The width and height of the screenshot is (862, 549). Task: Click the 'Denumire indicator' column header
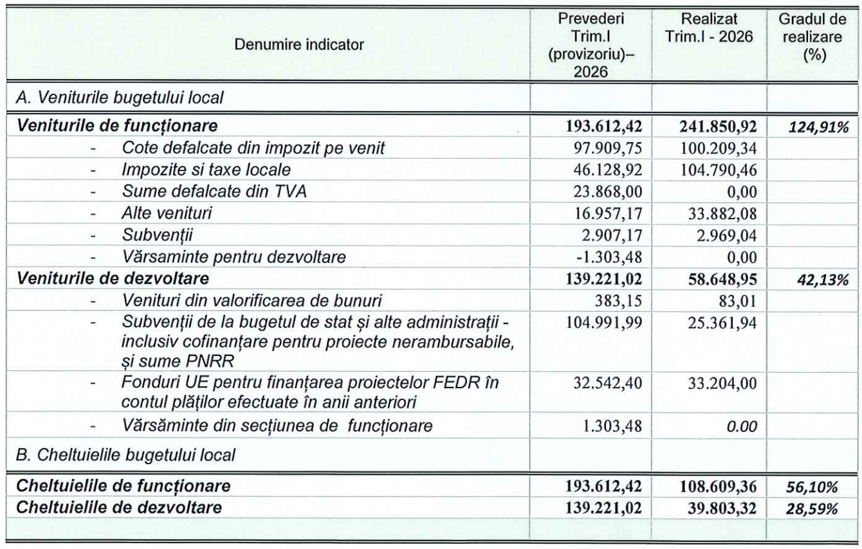299,44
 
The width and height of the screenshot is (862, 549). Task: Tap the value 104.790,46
717,170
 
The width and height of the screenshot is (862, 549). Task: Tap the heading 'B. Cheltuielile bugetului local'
126,456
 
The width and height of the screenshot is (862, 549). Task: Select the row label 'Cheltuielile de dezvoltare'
120,509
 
